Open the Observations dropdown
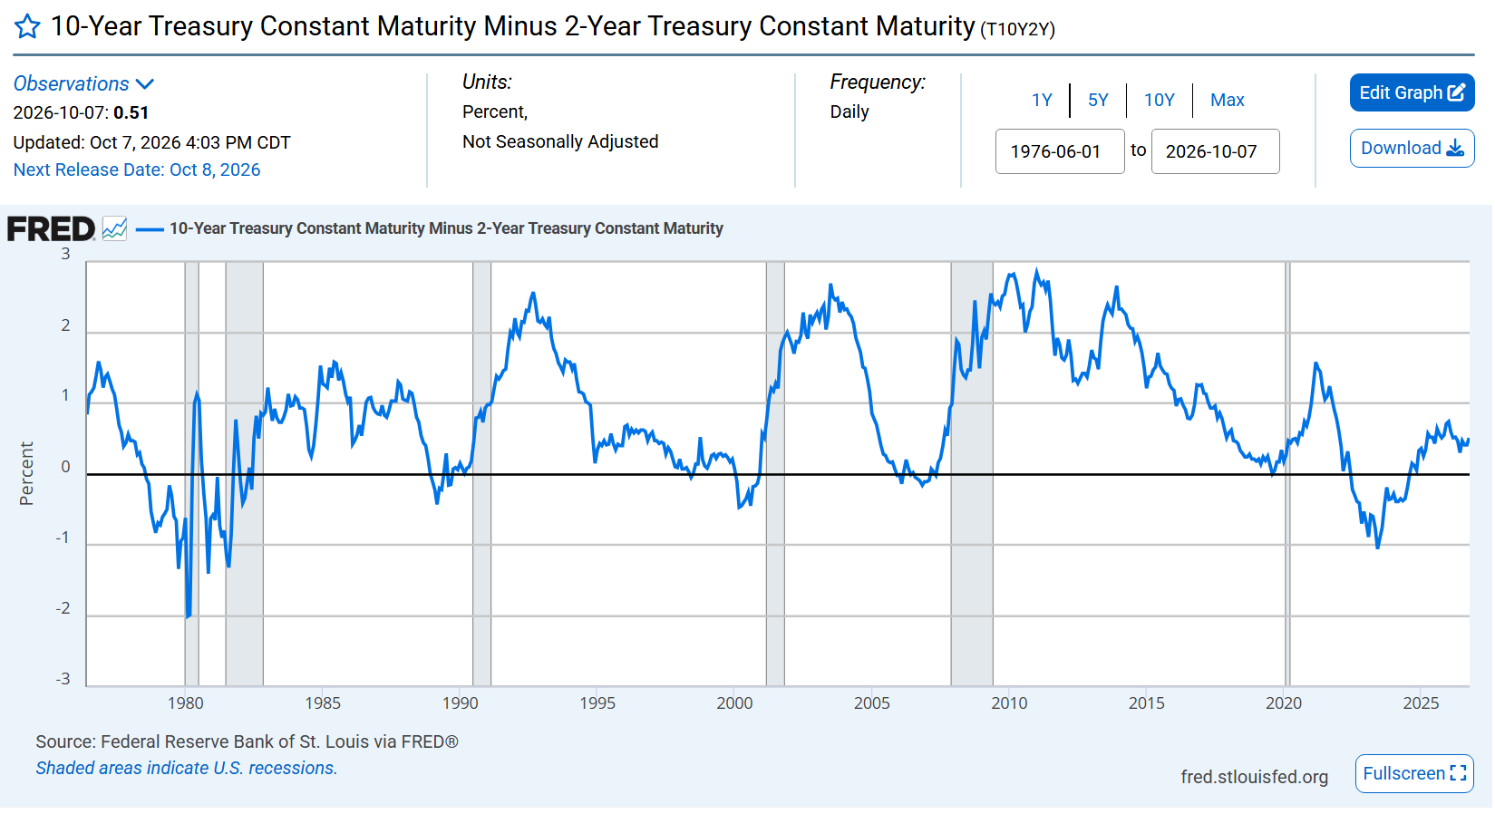tap(84, 84)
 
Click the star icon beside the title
tap(27, 27)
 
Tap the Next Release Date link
tap(137, 170)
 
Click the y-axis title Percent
tap(26, 474)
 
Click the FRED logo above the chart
tap(52, 229)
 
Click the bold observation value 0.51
tap(131, 113)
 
